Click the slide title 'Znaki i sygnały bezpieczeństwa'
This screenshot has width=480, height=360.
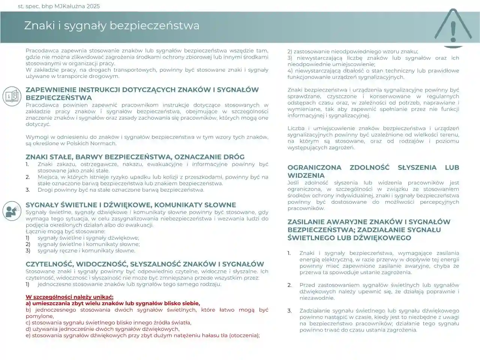tap(112, 25)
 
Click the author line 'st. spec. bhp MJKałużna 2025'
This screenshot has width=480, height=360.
tap(59, 6)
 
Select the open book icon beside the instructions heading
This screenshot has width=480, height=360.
tap(12, 96)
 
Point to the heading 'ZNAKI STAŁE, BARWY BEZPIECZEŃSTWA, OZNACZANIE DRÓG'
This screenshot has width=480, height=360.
tap(135, 157)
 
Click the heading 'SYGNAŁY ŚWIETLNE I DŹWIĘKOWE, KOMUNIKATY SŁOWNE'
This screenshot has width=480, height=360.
tap(131, 205)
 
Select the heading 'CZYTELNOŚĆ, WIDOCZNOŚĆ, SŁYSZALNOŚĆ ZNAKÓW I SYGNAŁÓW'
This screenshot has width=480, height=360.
tap(145, 264)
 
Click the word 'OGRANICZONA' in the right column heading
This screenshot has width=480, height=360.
tap(314, 167)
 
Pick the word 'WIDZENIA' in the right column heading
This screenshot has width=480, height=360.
tap(306, 175)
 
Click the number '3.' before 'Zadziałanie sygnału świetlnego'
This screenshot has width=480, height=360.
tap(289, 310)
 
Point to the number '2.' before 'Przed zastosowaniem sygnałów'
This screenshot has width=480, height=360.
tap(289, 285)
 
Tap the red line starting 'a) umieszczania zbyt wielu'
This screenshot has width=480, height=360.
tap(113, 303)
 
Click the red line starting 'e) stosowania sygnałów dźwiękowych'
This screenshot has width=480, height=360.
tap(142, 335)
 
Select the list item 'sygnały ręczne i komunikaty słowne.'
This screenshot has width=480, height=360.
tap(86, 250)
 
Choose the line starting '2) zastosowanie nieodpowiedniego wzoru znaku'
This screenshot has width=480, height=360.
tap(352, 51)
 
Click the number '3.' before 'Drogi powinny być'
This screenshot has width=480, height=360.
tap(28, 190)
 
